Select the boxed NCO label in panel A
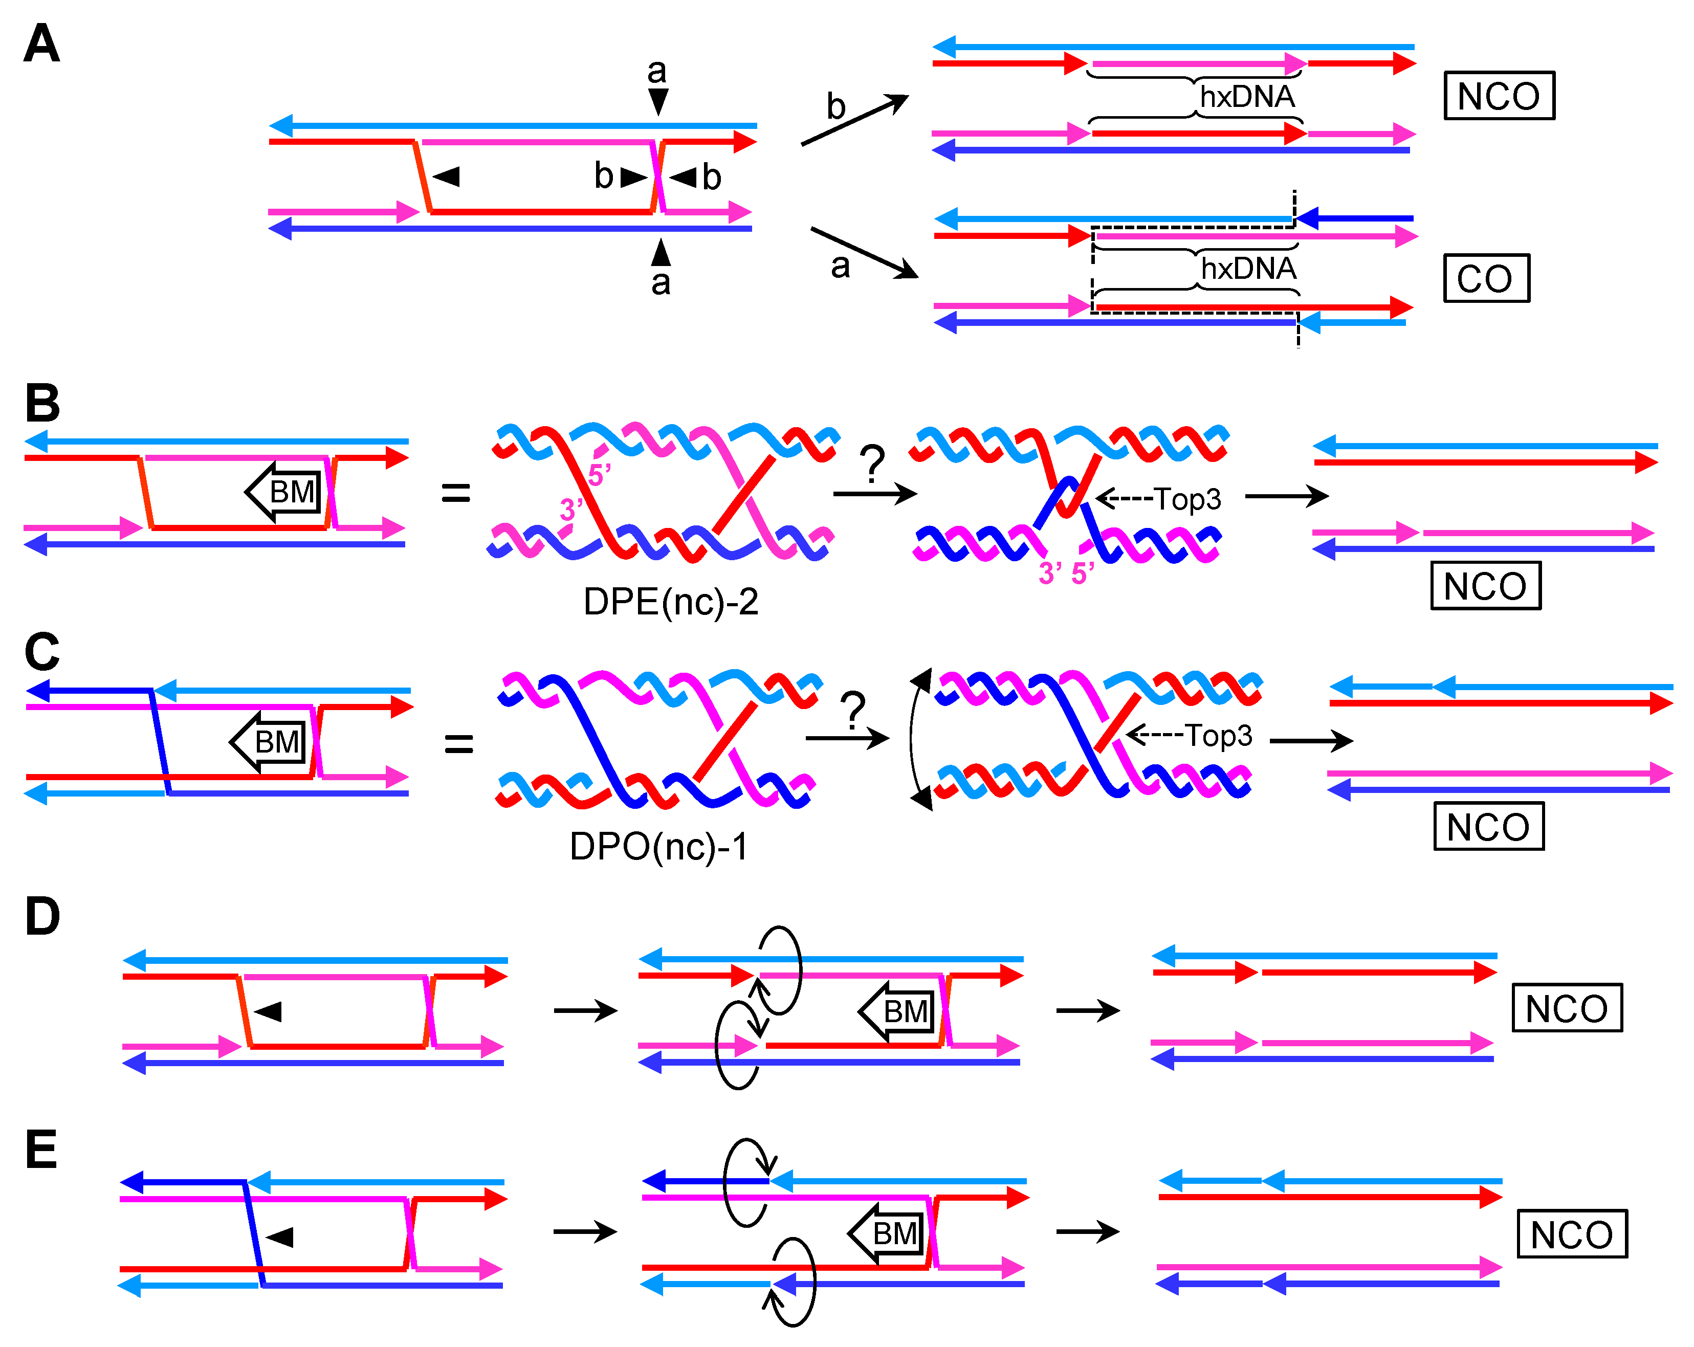click(1499, 96)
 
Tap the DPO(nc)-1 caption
click(658, 847)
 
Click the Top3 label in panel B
click(1186, 499)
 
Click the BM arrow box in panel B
click(285, 492)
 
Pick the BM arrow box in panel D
click(899, 1011)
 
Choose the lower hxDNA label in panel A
click(1248, 269)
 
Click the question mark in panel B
click(872, 464)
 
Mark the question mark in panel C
click(852, 709)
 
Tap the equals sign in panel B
click(456, 493)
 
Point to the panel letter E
click(41, 1150)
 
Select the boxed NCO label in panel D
click(1566, 1008)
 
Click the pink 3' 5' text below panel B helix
click(1066, 573)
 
